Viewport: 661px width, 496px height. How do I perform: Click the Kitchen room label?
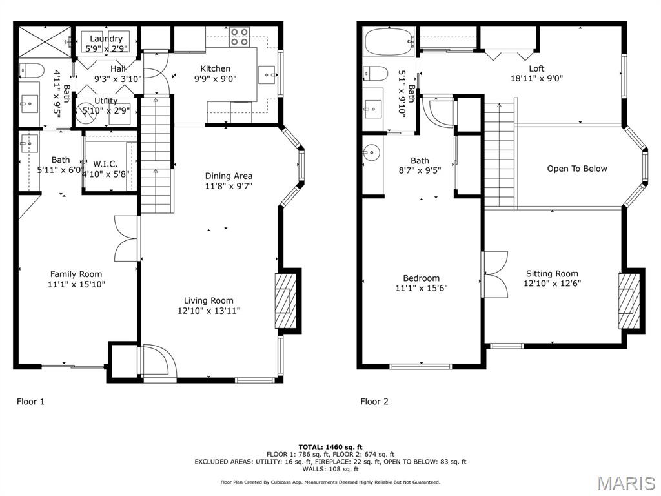point(215,68)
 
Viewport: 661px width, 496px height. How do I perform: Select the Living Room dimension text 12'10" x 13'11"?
point(208,311)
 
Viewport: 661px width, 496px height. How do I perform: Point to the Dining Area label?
point(229,176)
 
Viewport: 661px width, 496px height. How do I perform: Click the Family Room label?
point(76,274)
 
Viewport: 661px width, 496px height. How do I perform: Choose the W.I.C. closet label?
point(105,164)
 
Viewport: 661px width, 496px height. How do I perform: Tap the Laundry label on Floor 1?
point(106,39)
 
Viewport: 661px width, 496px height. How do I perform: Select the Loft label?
point(536,68)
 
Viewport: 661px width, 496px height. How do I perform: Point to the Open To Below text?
point(577,169)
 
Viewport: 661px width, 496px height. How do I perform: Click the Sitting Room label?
point(552,273)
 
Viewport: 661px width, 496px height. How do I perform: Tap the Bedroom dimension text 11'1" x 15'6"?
point(422,288)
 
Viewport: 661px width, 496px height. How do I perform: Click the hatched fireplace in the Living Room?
point(286,301)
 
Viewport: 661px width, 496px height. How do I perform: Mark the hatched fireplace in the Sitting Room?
point(629,301)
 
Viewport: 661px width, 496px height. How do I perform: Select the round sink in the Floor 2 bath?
point(371,153)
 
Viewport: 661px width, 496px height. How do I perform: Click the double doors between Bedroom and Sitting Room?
point(494,274)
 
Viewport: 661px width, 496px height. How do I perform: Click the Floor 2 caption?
point(374,402)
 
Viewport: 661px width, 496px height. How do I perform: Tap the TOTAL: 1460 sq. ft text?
point(330,447)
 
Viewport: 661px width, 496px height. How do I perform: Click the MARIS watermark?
point(625,482)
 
